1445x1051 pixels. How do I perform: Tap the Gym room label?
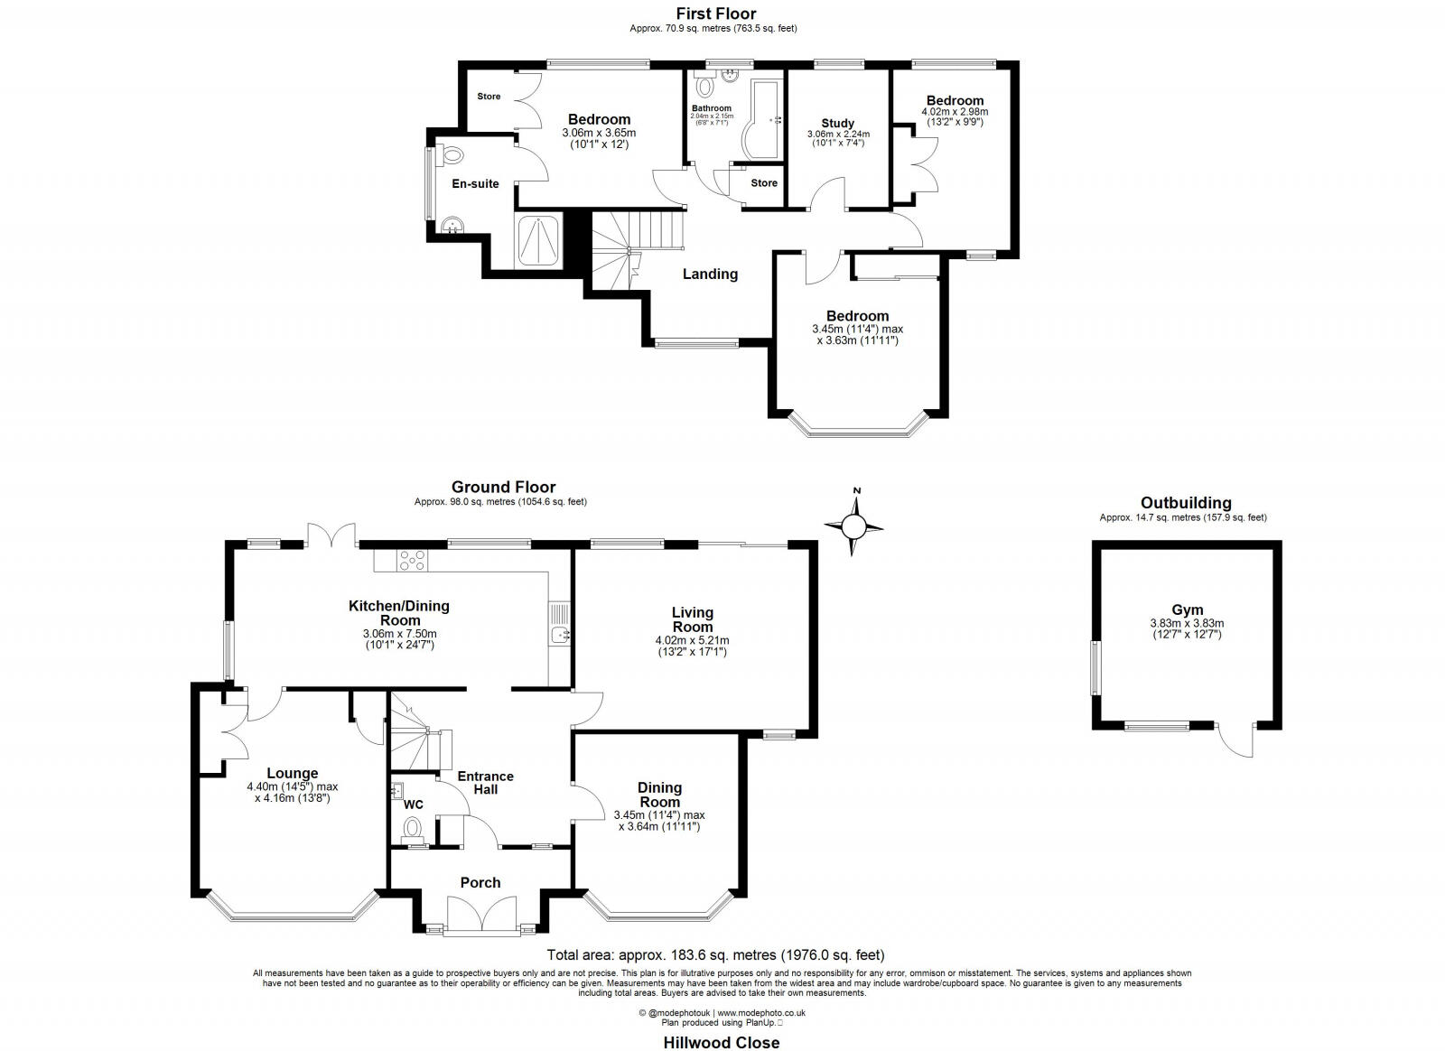pyautogui.click(x=1187, y=609)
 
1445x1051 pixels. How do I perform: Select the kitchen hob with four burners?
pyautogui.click(x=412, y=560)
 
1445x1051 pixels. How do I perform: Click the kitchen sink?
pyautogui.click(x=559, y=635)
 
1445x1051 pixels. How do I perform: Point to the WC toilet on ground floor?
pyautogui.click(x=412, y=829)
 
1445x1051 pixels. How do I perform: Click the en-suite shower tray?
pyautogui.click(x=538, y=239)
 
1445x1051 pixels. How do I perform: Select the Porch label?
pyautogui.click(x=480, y=883)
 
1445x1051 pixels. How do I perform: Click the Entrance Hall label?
pyautogui.click(x=486, y=783)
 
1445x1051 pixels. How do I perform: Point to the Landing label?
pyautogui.click(x=710, y=274)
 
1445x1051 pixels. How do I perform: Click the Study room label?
pyautogui.click(x=838, y=123)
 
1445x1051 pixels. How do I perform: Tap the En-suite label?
pyautogui.click(x=475, y=184)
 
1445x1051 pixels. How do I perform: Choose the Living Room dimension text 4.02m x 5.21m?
pyautogui.click(x=692, y=640)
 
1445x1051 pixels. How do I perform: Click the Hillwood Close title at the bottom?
pyautogui.click(x=722, y=1043)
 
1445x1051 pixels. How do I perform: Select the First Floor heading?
pyautogui.click(x=716, y=14)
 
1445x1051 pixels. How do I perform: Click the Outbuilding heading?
pyautogui.click(x=1186, y=503)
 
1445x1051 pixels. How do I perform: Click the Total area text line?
pyautogui.click(x=716, y=955)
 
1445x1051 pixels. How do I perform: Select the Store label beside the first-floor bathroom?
pyautogui.click(x=764, y=183)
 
